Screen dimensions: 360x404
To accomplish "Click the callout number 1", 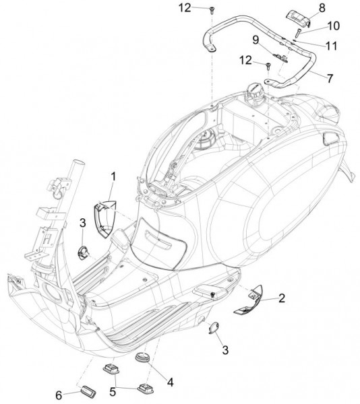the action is pos(113,177).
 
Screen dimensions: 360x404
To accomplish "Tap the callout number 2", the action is pos(282,298).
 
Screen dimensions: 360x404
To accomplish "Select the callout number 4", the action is pos(170,382).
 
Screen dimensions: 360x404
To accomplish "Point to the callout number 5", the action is pos(113,392).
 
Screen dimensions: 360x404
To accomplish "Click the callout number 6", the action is pos(59,395).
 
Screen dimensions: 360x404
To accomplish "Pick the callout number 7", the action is pos(330,79).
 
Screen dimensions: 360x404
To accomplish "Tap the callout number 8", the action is pos(322,8).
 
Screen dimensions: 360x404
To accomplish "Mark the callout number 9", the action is pos(256,40).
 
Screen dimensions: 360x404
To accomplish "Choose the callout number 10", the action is pos(334,26).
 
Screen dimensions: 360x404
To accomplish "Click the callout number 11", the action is pos(332,46).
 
